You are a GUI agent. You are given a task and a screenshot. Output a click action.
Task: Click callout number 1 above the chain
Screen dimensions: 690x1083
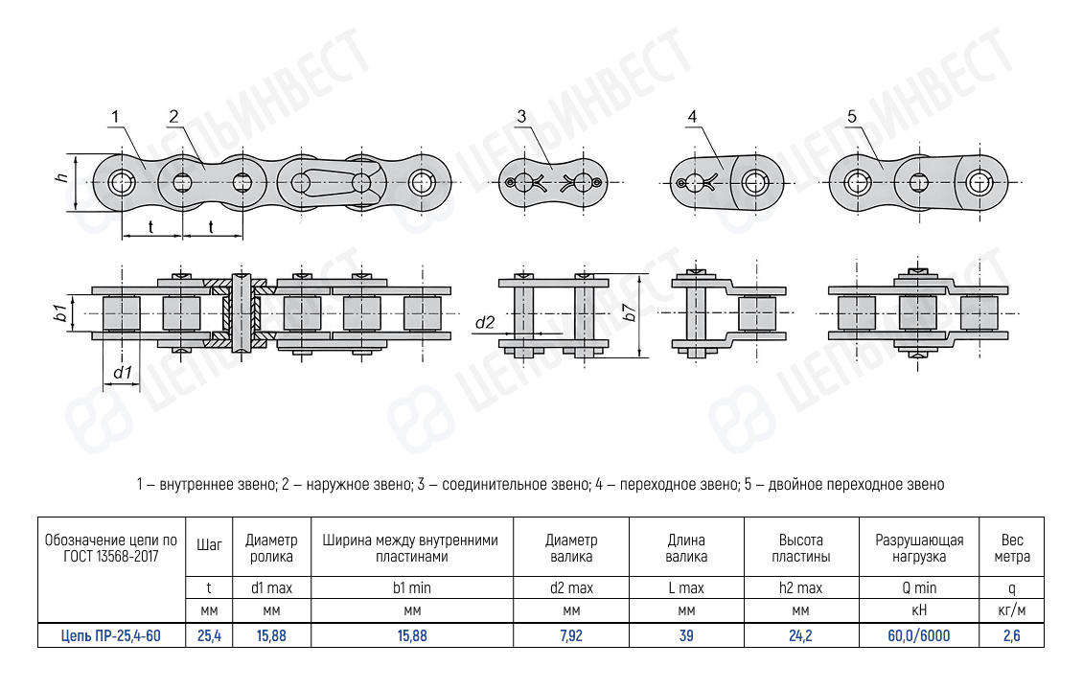pos(114,117)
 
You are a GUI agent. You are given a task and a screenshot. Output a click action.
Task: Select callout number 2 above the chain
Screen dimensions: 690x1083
pos(173,117)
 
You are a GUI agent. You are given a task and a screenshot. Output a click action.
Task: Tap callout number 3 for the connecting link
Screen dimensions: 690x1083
pos(521,117)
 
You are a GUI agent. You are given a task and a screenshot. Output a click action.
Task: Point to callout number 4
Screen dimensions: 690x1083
pos(693,117)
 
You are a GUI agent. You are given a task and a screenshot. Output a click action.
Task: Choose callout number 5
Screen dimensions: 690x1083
pos(852,117)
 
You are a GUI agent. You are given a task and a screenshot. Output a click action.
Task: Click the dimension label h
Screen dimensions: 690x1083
pos(60,179)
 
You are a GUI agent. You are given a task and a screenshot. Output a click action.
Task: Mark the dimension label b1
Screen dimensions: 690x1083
pos(59,311)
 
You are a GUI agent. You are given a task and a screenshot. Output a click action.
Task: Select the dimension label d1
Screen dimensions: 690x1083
pos(122,372)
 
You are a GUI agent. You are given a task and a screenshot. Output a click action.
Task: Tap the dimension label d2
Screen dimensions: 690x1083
pos(484,323)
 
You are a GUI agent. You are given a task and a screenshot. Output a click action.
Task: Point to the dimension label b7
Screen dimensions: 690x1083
pos(629,311)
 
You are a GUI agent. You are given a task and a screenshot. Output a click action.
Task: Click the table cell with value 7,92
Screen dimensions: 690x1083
pos(571,634)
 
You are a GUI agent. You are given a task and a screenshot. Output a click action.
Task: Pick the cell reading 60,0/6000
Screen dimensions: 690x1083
pos(919,634)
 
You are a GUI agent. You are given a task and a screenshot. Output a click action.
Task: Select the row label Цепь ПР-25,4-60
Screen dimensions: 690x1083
pos(110,634)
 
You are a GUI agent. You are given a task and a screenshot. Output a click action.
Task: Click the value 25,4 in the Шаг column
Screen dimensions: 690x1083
pos(209,634)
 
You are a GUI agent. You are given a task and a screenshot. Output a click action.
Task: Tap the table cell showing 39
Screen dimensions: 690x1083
pos(686,634)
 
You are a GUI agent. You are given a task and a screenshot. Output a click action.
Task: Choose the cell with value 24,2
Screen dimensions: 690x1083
pos(801,634)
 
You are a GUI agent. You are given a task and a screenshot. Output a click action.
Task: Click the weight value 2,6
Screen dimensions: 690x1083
pos(1011,634)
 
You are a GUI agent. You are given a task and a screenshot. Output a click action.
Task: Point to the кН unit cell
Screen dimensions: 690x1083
pos(919,610)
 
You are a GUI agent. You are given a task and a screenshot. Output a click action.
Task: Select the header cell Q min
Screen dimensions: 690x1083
pos(919,587)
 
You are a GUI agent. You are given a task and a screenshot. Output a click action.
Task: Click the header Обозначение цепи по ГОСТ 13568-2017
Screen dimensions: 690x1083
pos(110,547)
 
